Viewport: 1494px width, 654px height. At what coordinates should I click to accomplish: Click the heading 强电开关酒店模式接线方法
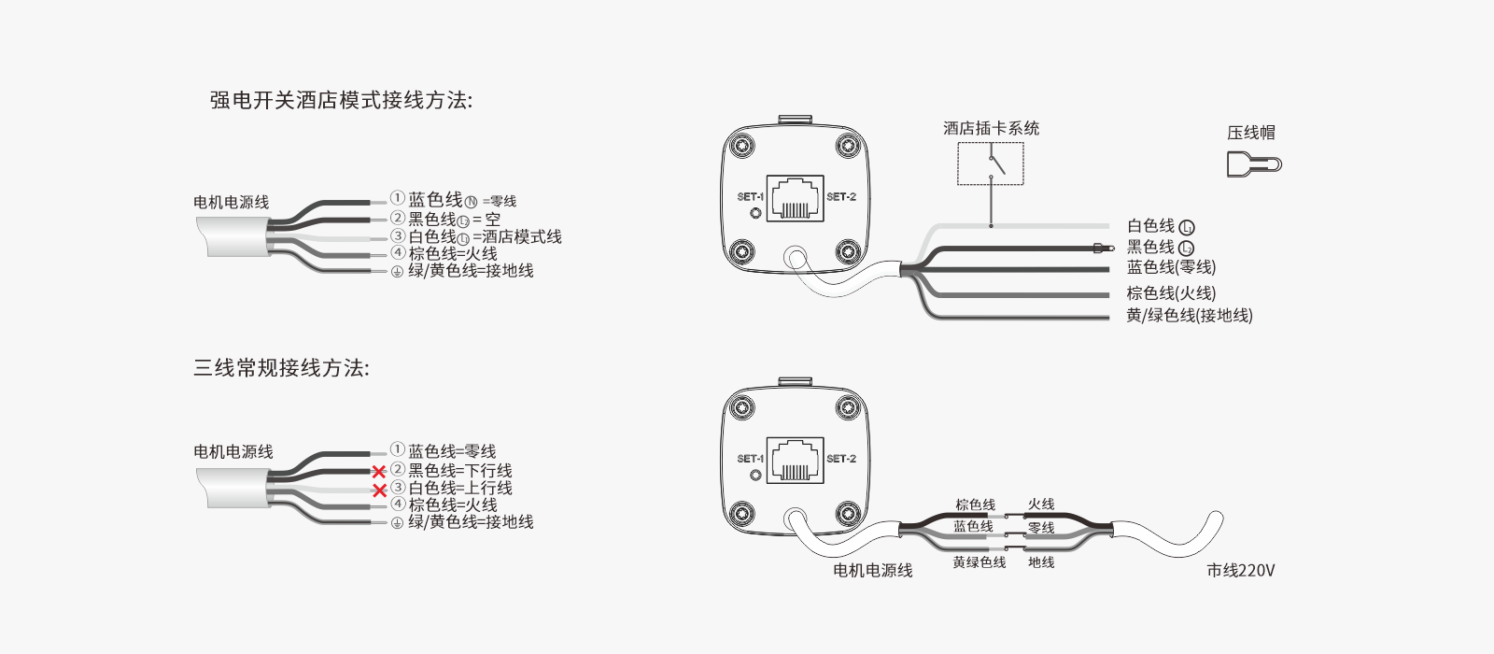pyautogui.click(x=341, y=100)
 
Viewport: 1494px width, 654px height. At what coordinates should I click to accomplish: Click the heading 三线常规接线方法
pyautogui.click(x=281, y=368)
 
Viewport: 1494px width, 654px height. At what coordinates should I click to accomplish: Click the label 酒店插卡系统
pyautogui.click(x=991, y=128)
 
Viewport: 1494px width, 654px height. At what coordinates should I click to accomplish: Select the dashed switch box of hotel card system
pyautogui.click(x=991, y=164)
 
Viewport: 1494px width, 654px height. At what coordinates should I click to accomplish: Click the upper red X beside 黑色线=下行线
pyautogui.click(x=379, y=472)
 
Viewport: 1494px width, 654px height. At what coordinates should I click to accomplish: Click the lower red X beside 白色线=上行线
pyautogui.click(x=379, y=490)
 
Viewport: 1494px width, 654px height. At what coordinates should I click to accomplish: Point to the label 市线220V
pyautogui.click(x=1240, y=570)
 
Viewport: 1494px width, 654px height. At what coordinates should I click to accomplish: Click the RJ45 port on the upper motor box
pyautogui.click(x=795, y=197)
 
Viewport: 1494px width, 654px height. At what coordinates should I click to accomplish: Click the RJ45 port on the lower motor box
pyautogui.click(x=795, y=459)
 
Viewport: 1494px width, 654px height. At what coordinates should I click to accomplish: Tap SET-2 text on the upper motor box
pyautogui.click(x=840, y=197)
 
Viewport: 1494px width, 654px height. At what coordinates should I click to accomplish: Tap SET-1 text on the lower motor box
pyautogui.click(x=750, y=459)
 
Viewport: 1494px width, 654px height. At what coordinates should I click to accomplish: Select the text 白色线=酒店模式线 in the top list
pyautogui.click(x=486, y=237)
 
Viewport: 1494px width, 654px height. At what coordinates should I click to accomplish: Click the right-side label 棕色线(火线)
pyautogui.click(x=1171, y=292)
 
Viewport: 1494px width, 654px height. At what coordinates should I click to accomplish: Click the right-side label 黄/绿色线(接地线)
pyautogui.click(x=1189, y=316)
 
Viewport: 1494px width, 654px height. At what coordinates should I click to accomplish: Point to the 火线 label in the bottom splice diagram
pyautogui.click(x=1041, y=505)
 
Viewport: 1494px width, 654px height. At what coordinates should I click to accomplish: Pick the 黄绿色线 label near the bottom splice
pyautogui.click(x=979, y=562)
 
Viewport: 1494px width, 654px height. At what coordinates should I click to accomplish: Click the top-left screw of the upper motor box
pyautogui.click(x=742, y=147)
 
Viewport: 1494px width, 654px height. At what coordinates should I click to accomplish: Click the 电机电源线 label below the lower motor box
pyautogui.click(x=872, y=570)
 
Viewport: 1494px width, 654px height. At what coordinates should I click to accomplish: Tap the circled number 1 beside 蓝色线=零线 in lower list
pyautogui.click(x=398, y=449)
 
